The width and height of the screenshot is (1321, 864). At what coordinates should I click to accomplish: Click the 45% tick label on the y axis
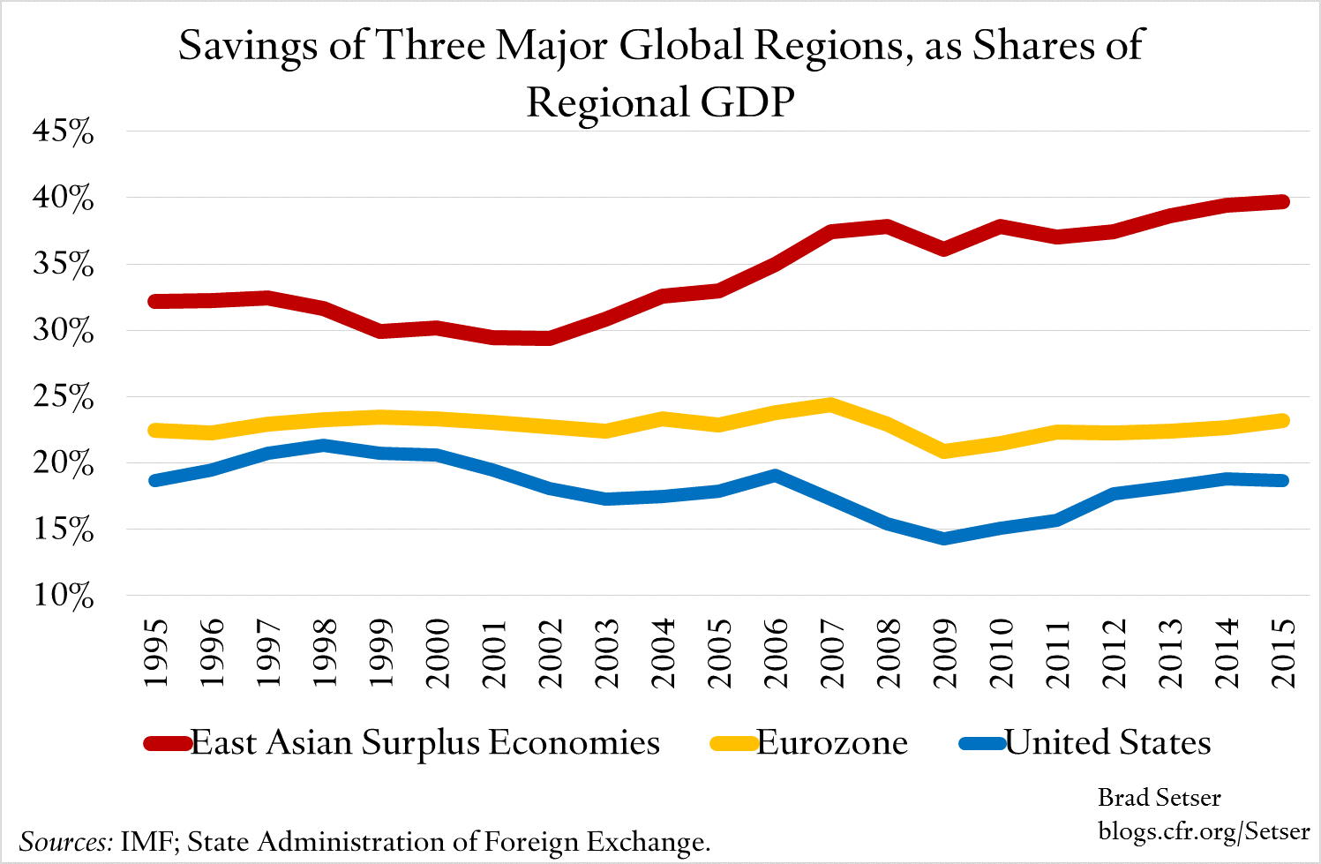click(63, 132)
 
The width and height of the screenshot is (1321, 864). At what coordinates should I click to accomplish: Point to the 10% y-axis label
click(63, 597)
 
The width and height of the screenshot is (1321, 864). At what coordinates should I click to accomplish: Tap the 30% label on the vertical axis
click(63, 332)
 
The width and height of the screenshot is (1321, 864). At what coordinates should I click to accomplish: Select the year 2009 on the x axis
click(944, 653)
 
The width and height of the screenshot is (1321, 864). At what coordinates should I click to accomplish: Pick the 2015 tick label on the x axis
click(1281, 653)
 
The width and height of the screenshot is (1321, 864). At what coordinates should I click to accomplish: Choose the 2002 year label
click(550, 653)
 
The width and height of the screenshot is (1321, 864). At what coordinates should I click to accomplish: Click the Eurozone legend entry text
click(832, 743)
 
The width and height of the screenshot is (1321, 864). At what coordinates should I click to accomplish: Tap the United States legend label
click(1107, 743)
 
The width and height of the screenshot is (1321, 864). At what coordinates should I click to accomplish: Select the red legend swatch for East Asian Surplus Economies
click(167, 744)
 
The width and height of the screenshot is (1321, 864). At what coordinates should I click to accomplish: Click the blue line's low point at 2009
click(944, 537)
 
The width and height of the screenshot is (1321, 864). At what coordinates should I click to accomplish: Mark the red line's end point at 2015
click(1281, 202)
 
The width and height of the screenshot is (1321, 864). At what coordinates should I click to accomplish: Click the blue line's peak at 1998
click(325, 446)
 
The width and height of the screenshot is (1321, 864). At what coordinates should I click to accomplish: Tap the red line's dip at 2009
click(944, 249)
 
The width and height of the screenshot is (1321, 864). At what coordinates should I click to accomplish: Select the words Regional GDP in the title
click(660, 102)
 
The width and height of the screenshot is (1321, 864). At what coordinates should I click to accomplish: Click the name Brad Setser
click(1159, 798)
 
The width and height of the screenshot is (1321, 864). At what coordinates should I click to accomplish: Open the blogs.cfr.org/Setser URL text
click(1204, 831)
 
